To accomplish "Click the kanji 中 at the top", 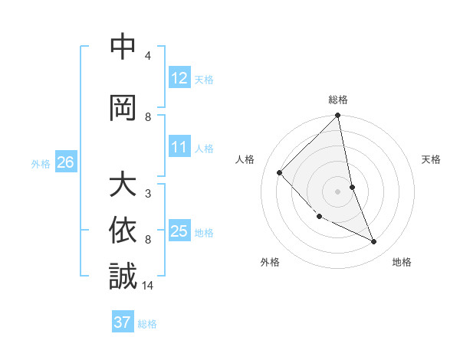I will (123, 48).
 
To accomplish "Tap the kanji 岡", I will (123, 109).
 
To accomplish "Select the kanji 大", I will (123, 186).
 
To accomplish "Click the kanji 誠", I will (123, 277).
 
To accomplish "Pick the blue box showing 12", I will (179, 77).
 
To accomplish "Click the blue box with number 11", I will (179, 147).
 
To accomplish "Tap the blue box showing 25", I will (179, 231).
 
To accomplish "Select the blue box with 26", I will (66, 162).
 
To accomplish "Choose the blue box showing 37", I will (123, 322).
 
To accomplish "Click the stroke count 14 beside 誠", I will (148, 286).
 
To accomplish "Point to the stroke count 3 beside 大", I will (148, 194).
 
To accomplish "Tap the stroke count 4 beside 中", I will (148, 56).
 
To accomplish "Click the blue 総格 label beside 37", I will (147, 324).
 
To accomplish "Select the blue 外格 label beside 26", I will (41, 163).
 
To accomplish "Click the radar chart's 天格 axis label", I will (432, 159).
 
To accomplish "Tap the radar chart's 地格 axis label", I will (402, 262).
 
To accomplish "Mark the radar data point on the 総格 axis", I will (338, 116).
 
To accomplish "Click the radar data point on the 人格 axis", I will (280, 172).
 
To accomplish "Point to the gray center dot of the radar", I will (338, 191).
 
